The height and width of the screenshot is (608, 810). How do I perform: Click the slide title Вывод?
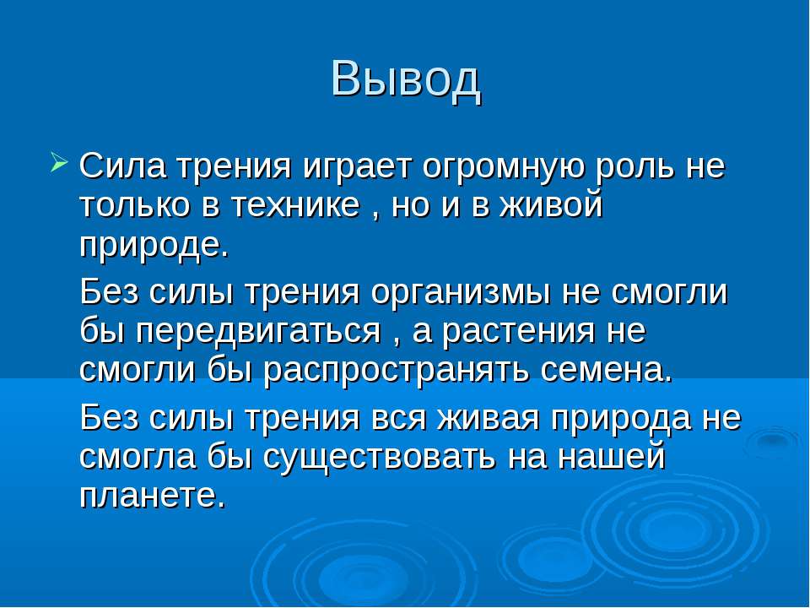(406, 80)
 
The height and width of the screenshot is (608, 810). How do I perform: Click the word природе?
(154, 246)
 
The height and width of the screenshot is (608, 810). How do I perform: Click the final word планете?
(153, 497)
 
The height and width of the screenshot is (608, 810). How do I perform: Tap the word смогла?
(138, 459)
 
